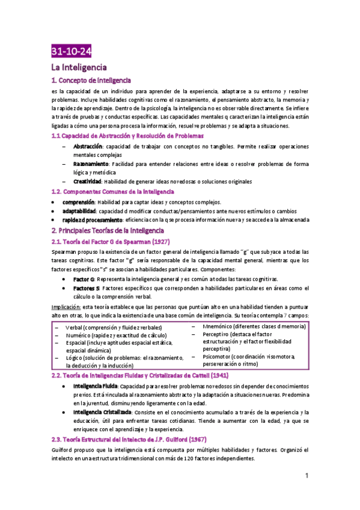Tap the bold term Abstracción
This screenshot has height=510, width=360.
pyautogui.click(x=88, y=147)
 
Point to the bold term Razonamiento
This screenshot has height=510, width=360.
pyautogui.click(x=91, y=164)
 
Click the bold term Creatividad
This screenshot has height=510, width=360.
pyautogui.click(x=88, y=181)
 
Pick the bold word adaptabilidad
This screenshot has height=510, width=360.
pyautogui.click(x=79, y=211)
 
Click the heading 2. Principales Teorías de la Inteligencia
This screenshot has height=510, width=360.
pyautogui.click(x=108, y=230)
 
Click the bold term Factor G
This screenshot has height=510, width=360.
pyautogui.click(x=84, y=280)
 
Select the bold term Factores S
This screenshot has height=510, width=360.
pyautogui.click(x=87, y=289)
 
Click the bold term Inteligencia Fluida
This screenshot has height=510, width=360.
pyautogui.click(x=95, y=386)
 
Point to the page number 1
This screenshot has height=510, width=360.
pyautogui.click(x=307, y=476)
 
